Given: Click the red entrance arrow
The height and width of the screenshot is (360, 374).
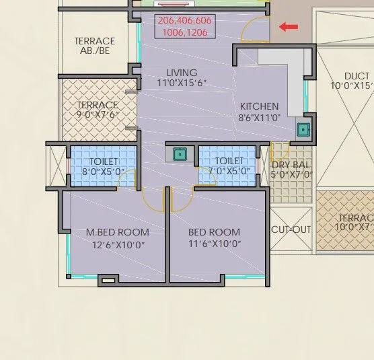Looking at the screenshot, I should pyautogui.click(x=289, y=27).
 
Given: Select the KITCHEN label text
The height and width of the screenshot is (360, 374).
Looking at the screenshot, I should pyautogui.click(x=259, y=106).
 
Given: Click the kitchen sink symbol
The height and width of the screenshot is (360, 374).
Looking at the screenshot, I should pyautogui.click(x=303, y=130).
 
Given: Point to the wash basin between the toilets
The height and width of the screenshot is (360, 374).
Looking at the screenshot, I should pyautogui.click(x=180, y=153).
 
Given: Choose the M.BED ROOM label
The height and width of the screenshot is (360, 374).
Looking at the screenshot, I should pyautogui.click(x=117, y=233).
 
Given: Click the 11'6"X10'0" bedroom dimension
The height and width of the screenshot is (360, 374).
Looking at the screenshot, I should pyautogui.click(x=214, y=244).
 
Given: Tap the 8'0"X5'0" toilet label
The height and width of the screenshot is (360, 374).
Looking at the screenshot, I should pyautogui.click(x=104, y=172).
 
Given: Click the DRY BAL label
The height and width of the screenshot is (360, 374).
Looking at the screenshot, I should pyautogui.click(x=291, y=165).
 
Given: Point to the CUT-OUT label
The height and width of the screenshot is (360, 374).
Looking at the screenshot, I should pyautogui.click(x=291, y=229).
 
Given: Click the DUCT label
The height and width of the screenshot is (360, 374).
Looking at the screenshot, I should pyautogui.click(x=356, y=76).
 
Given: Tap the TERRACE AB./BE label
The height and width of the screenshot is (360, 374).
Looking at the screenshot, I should pyautogui.click(x=94, y=46).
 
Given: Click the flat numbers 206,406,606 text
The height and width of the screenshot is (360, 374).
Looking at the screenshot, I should pyautogui.click(x=185, y=21).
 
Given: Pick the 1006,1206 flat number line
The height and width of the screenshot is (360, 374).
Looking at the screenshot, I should pyautogui.click(x=185, y=32).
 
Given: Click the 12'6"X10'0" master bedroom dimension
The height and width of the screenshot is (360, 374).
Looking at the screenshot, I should pyautogui.click(x=118, y=245).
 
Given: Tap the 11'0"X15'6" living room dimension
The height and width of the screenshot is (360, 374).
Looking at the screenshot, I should pyautogui.click(x=182, y=83).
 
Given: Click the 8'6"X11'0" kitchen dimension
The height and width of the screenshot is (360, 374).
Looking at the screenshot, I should pyautogui.click(x=259, y=117).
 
